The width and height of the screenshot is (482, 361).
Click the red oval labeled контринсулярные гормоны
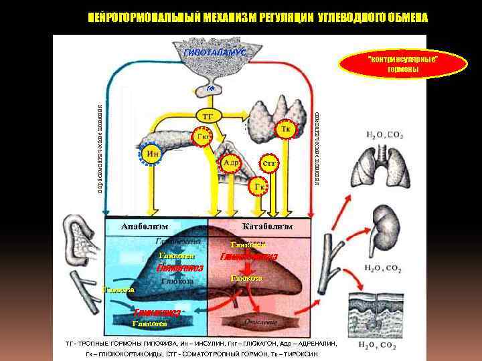click(x=402, y=65)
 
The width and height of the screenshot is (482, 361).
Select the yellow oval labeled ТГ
click(x=208, y=116)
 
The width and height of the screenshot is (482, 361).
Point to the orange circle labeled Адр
click(x=232, y=162)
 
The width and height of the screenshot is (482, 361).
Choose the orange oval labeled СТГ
click(x=269, y=162)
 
